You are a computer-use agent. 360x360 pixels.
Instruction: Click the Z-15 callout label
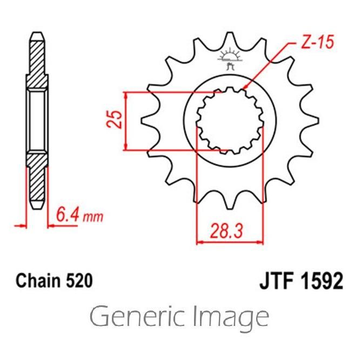point(317,42)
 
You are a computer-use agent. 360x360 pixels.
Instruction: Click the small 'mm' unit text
point(93,217)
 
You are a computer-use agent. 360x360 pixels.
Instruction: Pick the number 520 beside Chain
point(79,281)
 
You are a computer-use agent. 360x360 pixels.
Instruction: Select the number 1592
point(322,281)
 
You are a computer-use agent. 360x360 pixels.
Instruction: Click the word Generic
point(137,316)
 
